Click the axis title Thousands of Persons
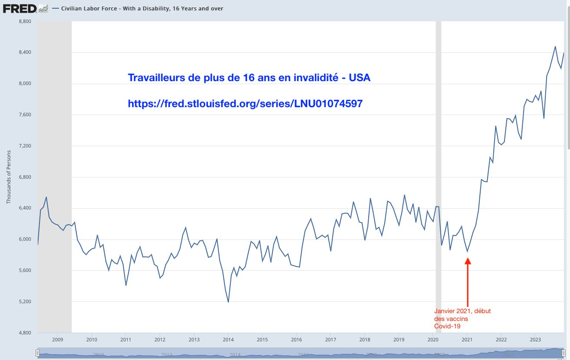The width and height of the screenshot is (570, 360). [9, 177]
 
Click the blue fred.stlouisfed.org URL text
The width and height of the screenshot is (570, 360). [245, 104]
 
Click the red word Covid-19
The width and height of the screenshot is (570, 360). [447, 326]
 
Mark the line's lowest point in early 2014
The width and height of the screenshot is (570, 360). [228, 302]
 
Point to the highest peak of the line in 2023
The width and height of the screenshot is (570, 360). [555, 46]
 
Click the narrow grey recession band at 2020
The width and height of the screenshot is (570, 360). [438, 173]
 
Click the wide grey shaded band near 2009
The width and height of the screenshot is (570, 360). [54, 173]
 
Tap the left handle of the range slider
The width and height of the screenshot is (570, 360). [38, 353]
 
